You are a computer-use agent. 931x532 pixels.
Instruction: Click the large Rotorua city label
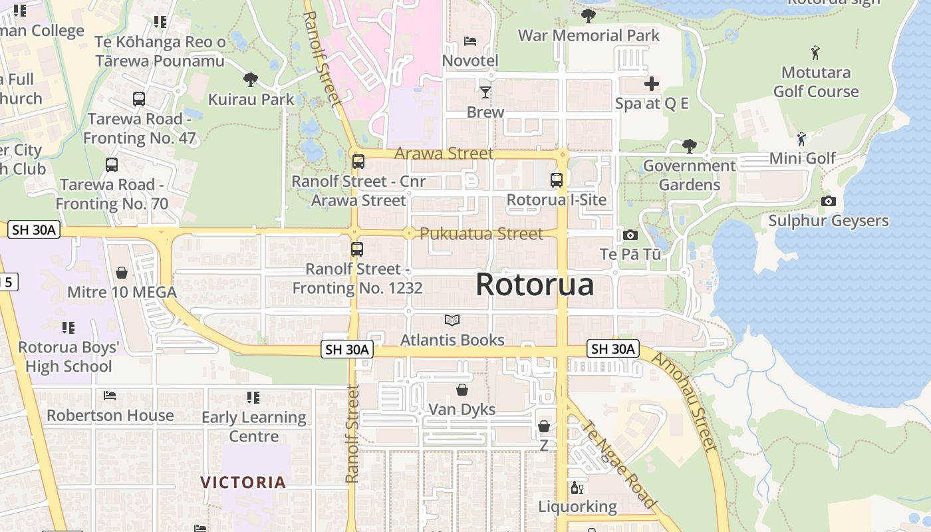tap(535, 285)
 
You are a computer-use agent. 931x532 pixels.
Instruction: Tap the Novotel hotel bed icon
tap(470, 41)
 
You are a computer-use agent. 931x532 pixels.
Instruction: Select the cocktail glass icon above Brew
tap(485, 92)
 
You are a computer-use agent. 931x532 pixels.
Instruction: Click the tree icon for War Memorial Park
tap(588, 15)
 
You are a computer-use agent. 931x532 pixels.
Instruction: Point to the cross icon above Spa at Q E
tap(652, 84)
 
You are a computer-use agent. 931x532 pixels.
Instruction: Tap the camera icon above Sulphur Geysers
tap(828, 201)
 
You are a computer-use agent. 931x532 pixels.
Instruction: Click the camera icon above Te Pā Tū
tap(630, 235)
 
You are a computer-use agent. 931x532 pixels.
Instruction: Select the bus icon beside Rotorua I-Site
tap(557, 180)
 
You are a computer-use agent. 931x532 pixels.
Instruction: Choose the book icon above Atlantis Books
tap(452, 321)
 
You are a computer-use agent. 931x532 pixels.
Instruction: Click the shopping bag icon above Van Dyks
tap(462, 389)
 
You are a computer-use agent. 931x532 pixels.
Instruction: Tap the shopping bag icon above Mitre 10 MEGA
tap(122, 273)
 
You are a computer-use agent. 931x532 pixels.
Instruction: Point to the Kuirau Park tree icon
tap(251, 80)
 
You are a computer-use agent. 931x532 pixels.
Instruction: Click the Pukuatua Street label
tap(481, 233)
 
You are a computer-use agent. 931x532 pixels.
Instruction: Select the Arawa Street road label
tap(444, 154)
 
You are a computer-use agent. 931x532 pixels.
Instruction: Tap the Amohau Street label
tap(684, 402)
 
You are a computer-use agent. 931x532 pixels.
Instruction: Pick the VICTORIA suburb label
tap(243, 482)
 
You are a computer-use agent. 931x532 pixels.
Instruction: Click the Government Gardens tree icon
tap(690, 146)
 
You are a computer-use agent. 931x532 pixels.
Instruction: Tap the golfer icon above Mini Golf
tap(802, 139)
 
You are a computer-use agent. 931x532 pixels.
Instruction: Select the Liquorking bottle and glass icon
tap(577, 488)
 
